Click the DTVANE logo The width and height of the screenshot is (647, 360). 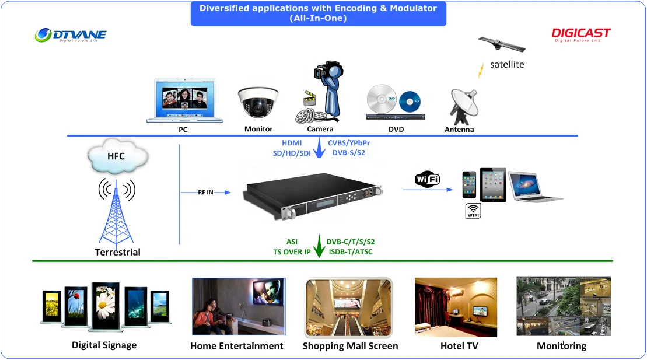coord(70,36)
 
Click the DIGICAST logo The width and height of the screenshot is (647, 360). coord(581,34)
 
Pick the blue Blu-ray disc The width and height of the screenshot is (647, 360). coord(410,100)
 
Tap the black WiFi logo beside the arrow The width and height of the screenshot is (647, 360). coord(427,180)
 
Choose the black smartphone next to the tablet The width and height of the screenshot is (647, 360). coord(470,186)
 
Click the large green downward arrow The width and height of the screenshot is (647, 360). coord(319,245)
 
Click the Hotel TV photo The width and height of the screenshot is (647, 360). coord(456,307)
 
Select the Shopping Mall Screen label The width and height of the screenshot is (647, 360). coord(350,346)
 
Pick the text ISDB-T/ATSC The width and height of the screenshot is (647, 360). coord(350,252)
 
